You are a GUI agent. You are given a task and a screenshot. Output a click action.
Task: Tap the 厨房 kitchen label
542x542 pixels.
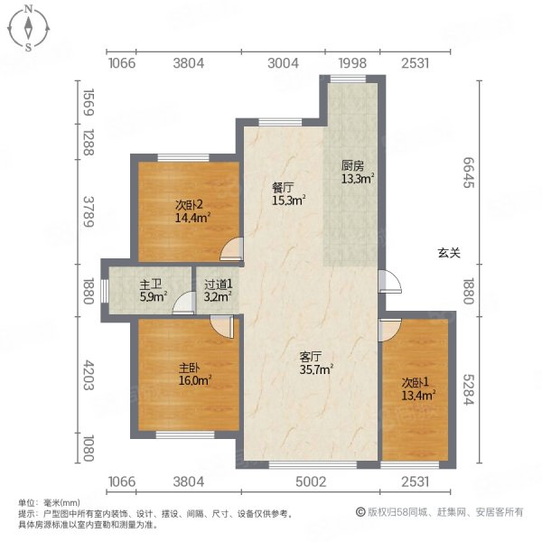(x=352, y=165)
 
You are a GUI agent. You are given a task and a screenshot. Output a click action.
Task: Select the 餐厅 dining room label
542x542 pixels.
(x=285, y=188)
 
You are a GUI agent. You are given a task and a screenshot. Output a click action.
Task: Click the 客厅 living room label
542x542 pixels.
(x=311, y=355)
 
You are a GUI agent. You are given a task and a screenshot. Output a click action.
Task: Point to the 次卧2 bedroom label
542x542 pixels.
(x=188, y=204)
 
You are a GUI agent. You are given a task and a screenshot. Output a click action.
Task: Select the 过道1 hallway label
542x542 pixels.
(x=218, y=282)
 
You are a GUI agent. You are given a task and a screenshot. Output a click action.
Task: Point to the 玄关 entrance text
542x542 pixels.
(x=450, y=254)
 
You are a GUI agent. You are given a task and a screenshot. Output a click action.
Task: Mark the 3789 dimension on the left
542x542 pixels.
(x=88, y=210)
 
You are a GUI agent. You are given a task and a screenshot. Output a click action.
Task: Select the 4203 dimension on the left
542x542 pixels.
(x=88, y=375)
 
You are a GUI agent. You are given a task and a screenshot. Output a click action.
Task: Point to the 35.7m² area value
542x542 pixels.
(x=317, y=368)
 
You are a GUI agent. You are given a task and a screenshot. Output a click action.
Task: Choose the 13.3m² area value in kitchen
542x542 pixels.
(x=358, y=178)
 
